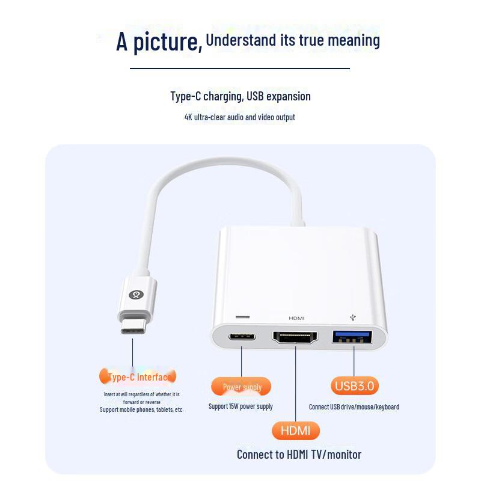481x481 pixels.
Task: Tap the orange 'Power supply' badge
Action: [x=241, y=387]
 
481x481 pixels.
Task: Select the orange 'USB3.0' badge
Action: [x=354, y=385]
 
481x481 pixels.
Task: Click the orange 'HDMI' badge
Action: [x=295, y=430]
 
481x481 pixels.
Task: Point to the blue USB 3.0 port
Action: [x=353, y=337]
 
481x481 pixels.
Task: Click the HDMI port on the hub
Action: [x=295, y=337]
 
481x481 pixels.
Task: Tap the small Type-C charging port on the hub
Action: [x=242, y=337]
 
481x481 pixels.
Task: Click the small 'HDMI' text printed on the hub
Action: [x=296, y=317]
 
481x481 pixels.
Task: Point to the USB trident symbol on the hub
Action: [x=352, y=316]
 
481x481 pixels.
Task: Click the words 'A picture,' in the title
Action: [x=159, y=41]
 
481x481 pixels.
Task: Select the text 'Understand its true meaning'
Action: [x=293, y=40]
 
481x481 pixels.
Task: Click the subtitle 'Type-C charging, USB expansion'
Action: [x=240, y=96]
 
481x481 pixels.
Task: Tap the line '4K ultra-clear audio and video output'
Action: [x=240, y=117]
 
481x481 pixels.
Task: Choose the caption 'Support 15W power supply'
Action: [x=240, y=406]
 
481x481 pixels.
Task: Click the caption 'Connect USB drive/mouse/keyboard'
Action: [x=354, y=407]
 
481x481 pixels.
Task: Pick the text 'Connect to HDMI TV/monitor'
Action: [x=299, y=455]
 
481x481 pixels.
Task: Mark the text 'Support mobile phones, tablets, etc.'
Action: [x=142, y=409]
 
